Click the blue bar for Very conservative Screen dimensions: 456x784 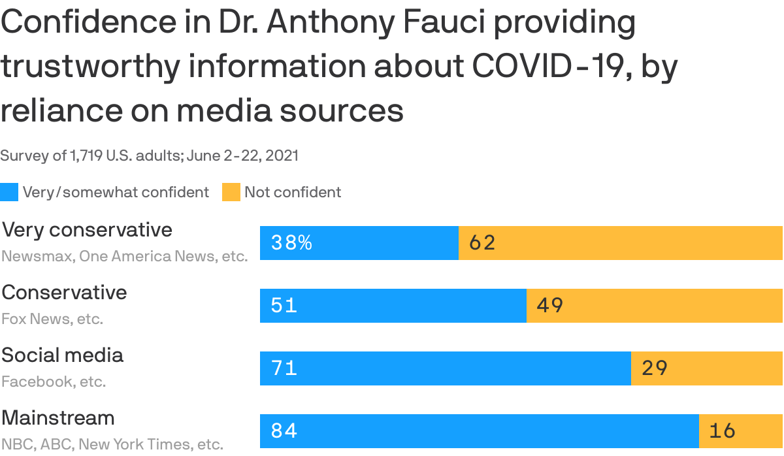tap(359, 243)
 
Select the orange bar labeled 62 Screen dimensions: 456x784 tap(620, 243)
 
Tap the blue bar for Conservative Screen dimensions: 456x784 tap(393, 306)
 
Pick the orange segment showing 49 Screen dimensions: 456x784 tap(654, 306)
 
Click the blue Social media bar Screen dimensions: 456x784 tap(445, 368)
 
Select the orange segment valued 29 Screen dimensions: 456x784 tap(706, 368)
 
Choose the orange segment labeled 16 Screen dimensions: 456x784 tap(740, 431)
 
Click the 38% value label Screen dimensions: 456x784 tap(291, 243)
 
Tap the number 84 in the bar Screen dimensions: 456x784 tap(284, 431)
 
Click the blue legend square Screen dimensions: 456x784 tap(9, 192)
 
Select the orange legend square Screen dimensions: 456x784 tap(231, 192)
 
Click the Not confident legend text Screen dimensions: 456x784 tap(293, 192)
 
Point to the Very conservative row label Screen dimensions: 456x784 tap(87, 230)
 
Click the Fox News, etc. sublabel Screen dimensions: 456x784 tap(52, 319)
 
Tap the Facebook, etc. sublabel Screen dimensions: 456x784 tap(54, 382)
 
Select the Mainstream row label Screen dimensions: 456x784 tap(58, 418)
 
